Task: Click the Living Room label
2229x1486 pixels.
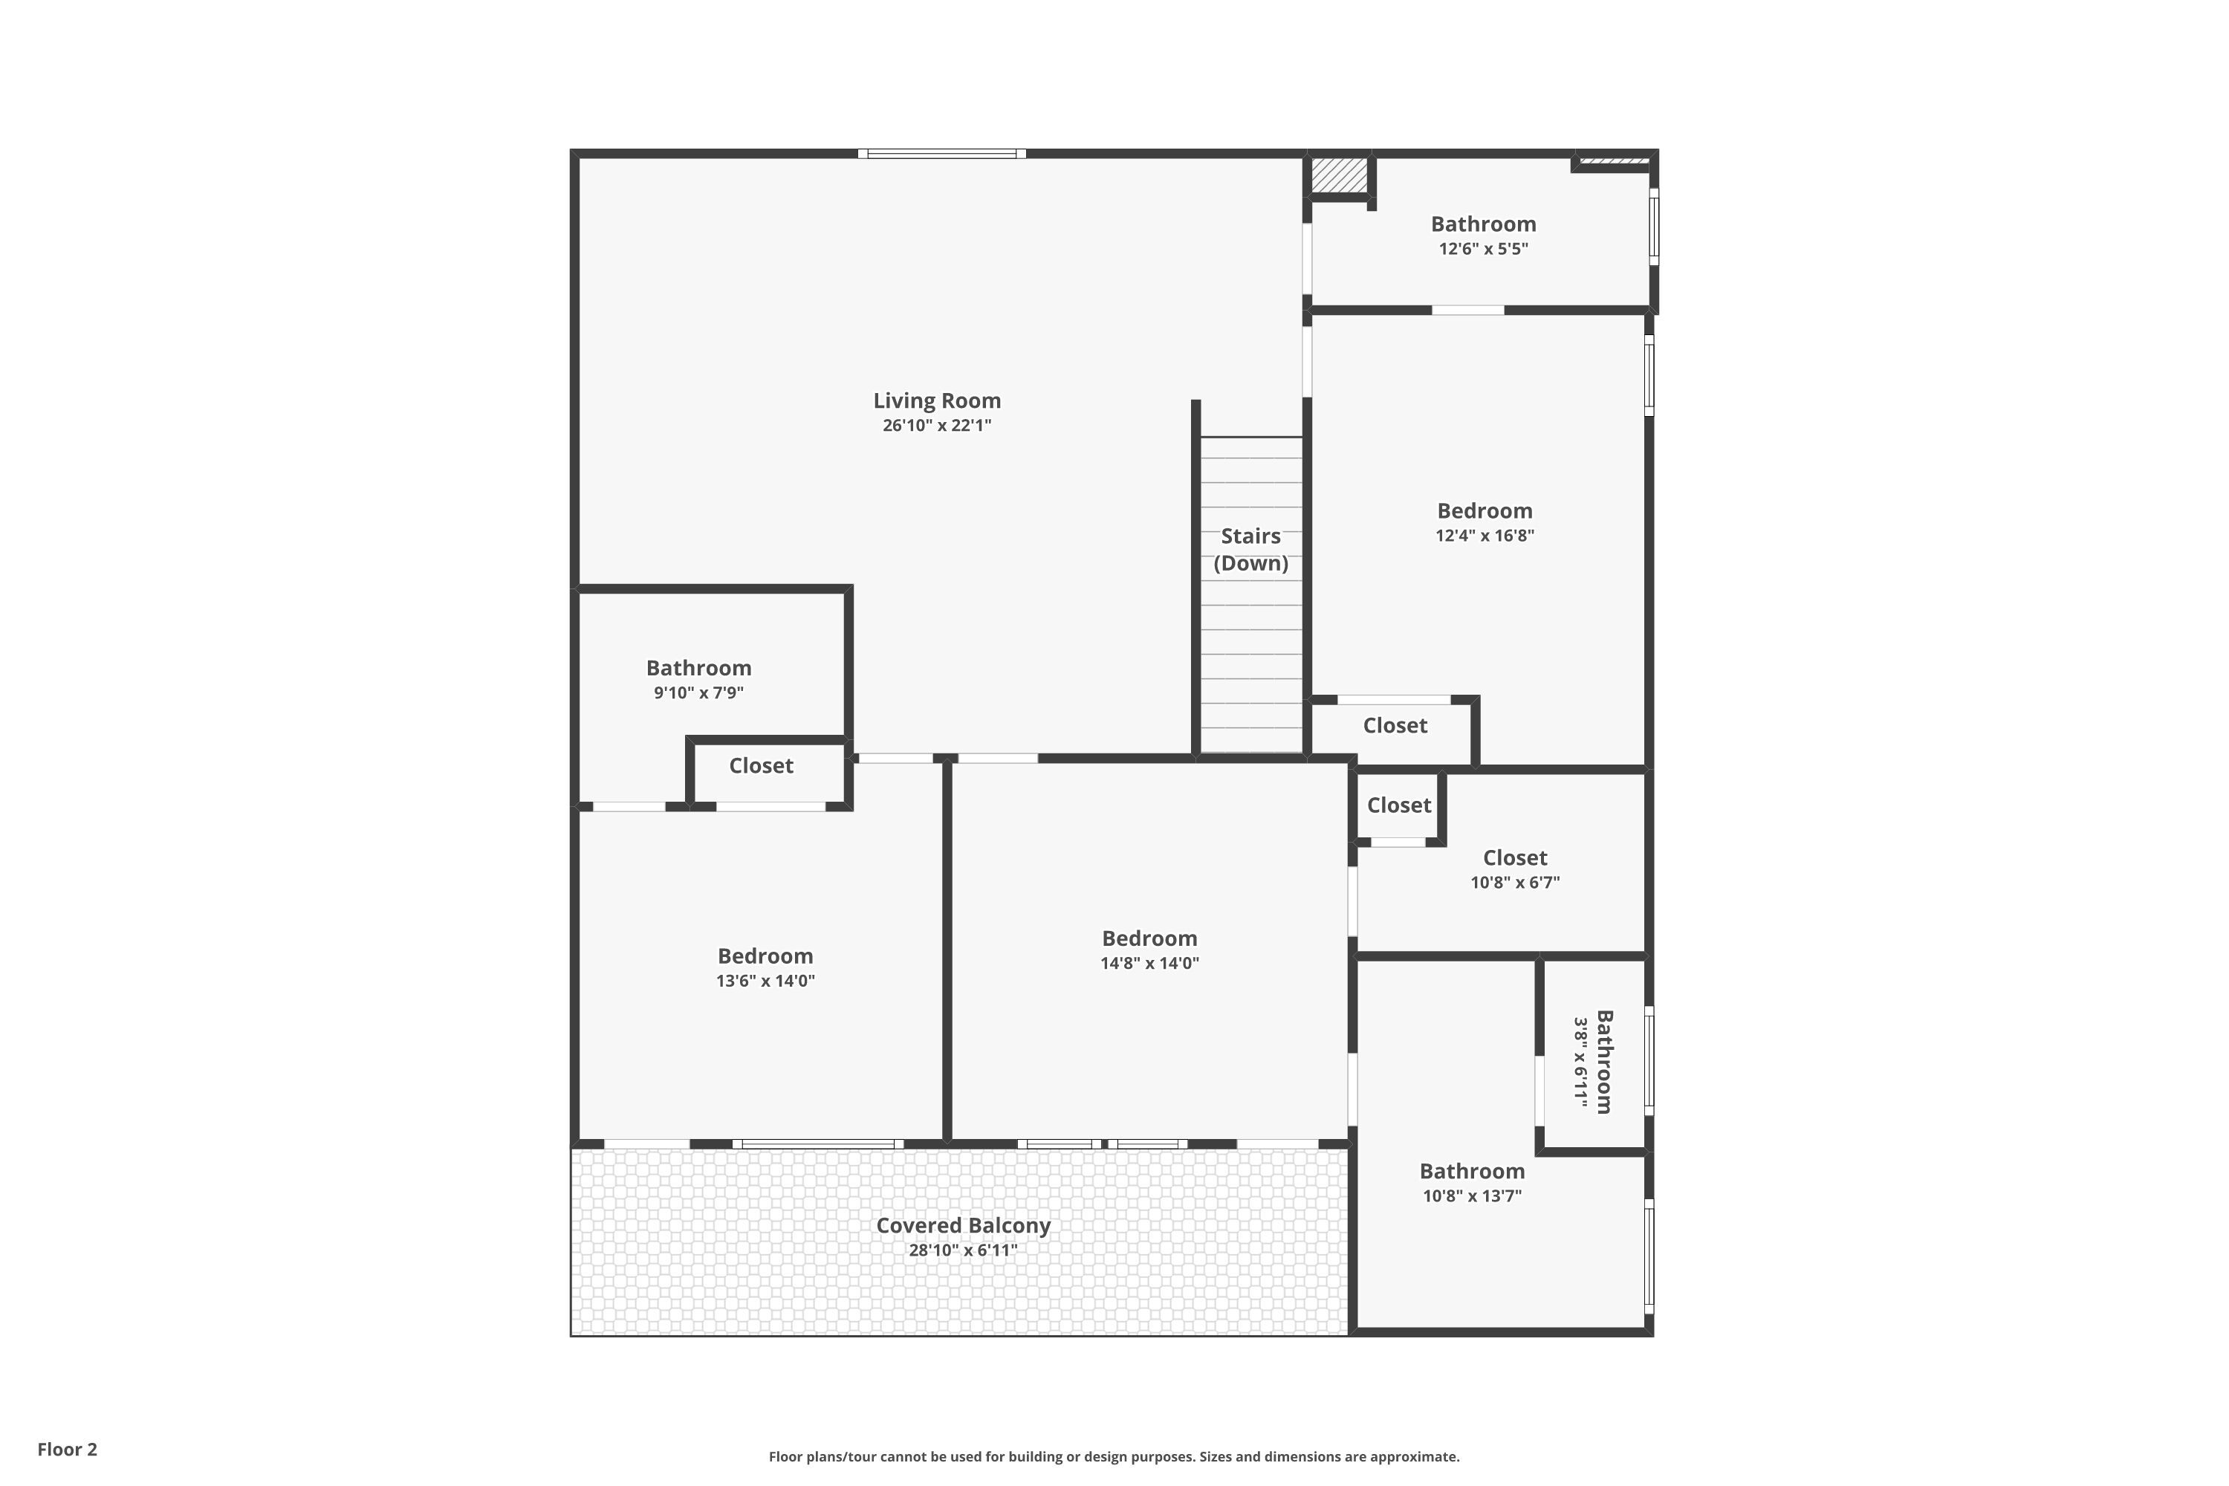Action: [936, 401]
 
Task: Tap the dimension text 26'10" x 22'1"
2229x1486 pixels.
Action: [936, 426]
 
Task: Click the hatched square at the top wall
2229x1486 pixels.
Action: [1339, 175]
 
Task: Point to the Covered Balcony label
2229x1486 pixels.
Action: [963, 1225]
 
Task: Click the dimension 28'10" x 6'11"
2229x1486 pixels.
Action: [963, 1250]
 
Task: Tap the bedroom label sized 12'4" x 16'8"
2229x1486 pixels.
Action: [1484, 511]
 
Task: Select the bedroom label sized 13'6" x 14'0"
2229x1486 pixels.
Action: [765, 956]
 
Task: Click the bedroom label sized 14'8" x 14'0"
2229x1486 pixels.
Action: [1149, 938]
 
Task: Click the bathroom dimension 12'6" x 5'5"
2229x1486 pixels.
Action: [1483, 249]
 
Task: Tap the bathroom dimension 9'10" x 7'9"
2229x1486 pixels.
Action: [698, 692]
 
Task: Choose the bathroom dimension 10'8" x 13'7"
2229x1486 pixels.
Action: [1472, 1196]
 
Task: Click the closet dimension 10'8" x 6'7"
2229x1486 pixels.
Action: [1514, 883]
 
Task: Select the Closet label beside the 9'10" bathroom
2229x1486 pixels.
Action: [761, 766]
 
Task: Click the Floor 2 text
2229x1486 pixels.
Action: [68, 1449]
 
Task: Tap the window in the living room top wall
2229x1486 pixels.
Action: [941, 154]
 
